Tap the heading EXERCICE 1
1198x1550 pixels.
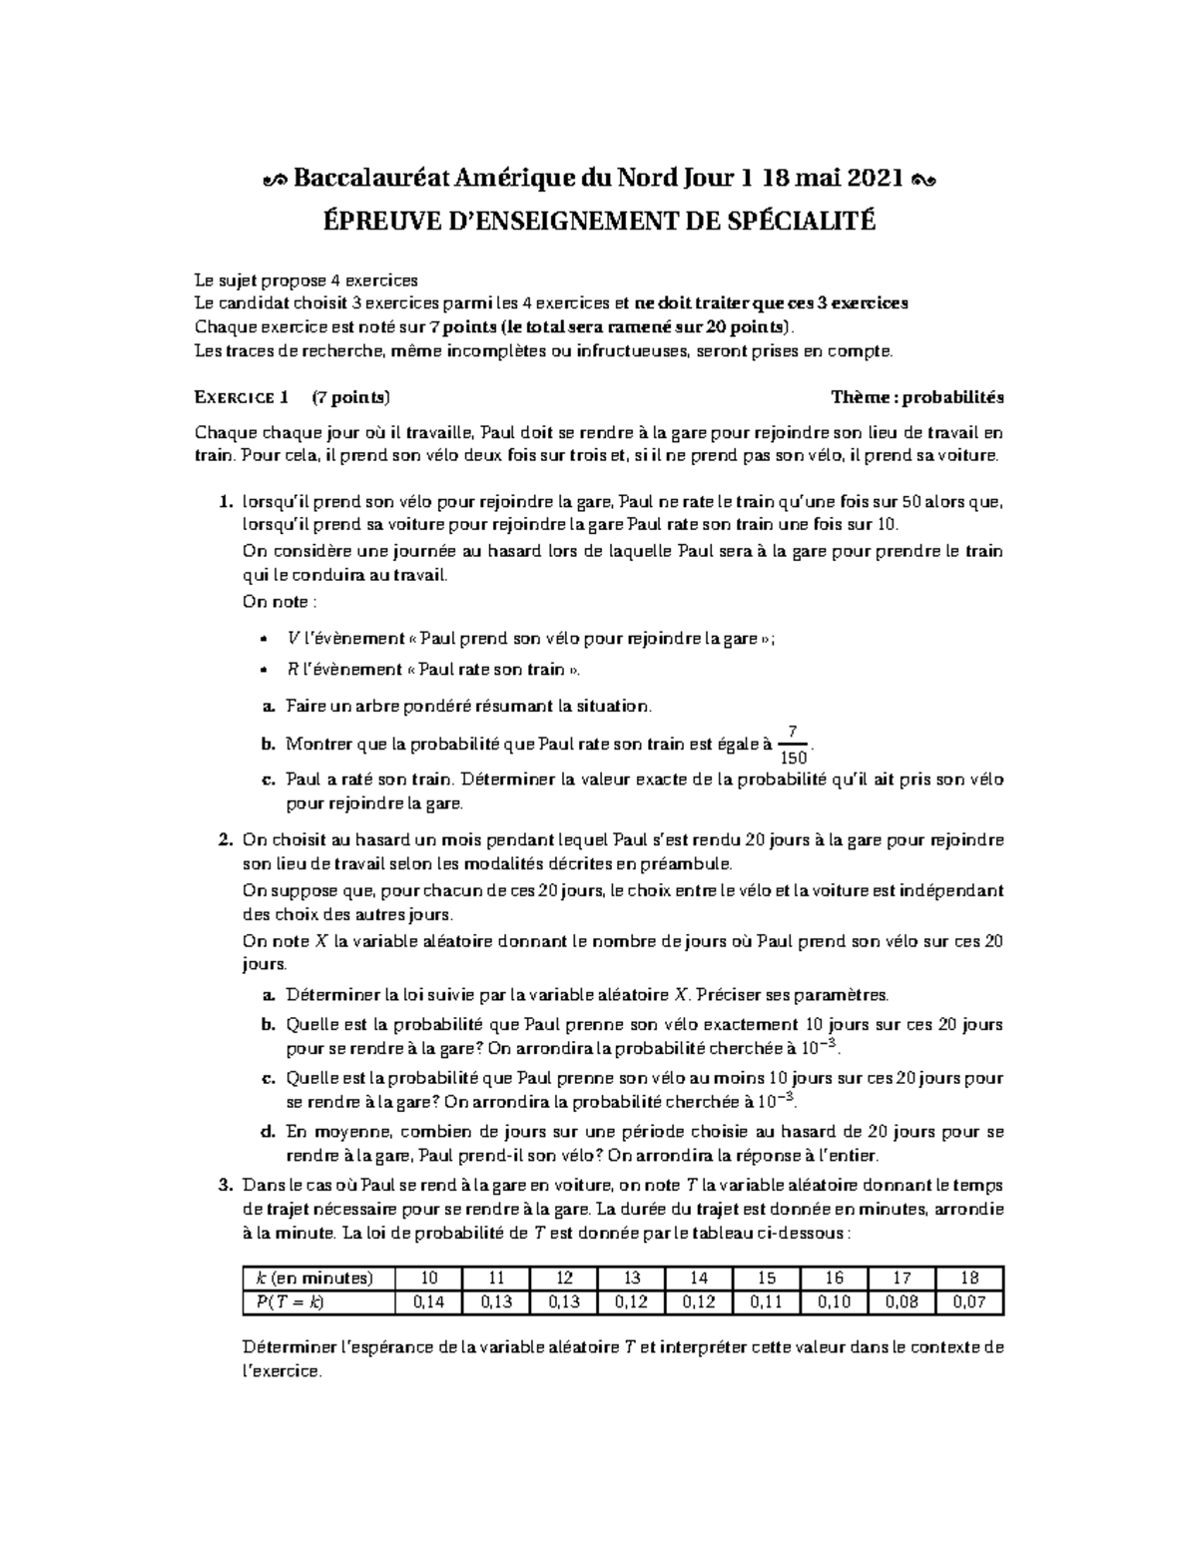241,397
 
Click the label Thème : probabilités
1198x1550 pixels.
917,397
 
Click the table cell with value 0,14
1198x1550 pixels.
428,1301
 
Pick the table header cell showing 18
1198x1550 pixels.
968,1279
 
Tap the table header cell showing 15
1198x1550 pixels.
766,1279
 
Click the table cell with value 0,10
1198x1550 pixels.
834,1301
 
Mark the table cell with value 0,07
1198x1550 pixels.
968,1301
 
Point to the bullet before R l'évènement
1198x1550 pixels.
263,670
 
